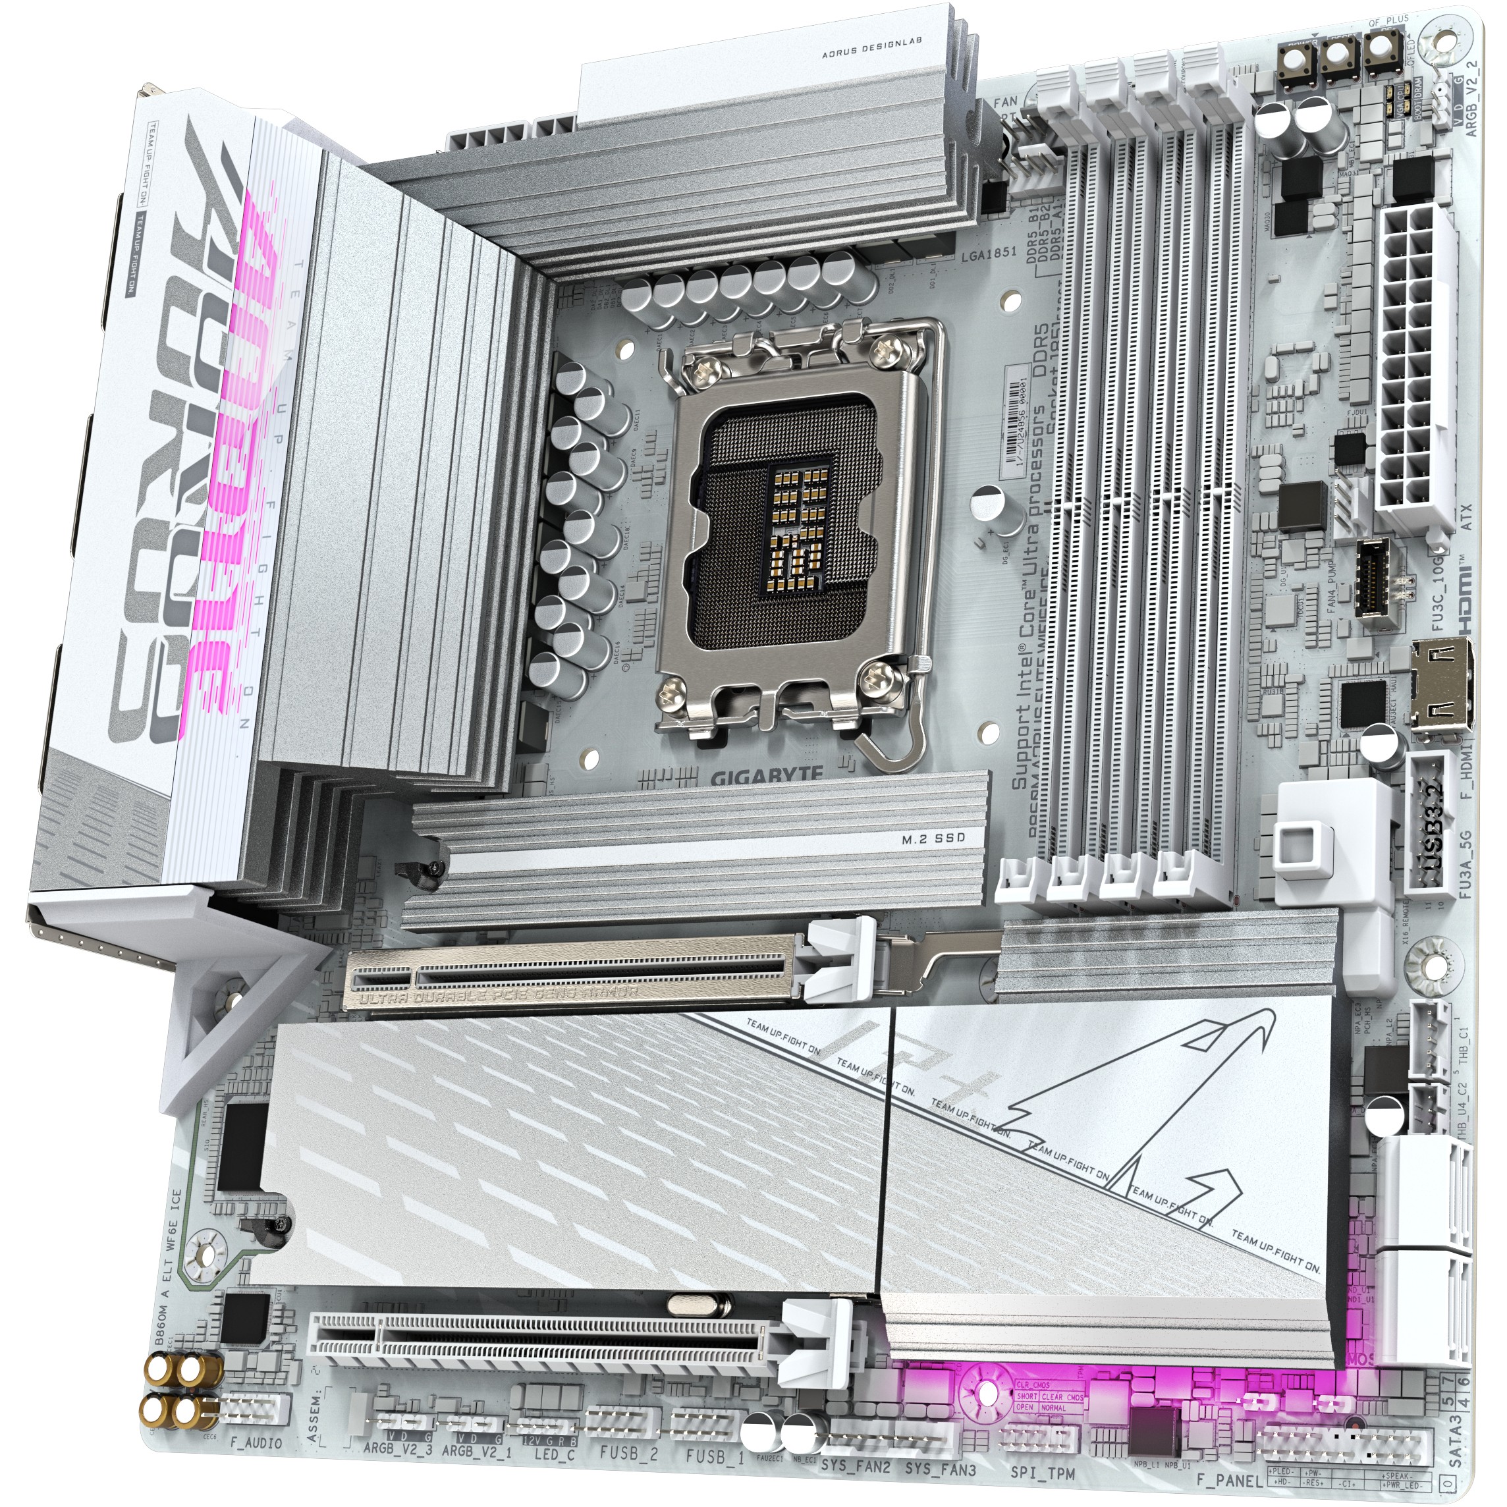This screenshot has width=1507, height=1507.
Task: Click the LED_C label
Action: click(555, 1454)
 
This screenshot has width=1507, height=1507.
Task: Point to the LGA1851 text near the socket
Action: click(989, 275)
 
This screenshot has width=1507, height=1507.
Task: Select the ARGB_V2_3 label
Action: click(398, 1450)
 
